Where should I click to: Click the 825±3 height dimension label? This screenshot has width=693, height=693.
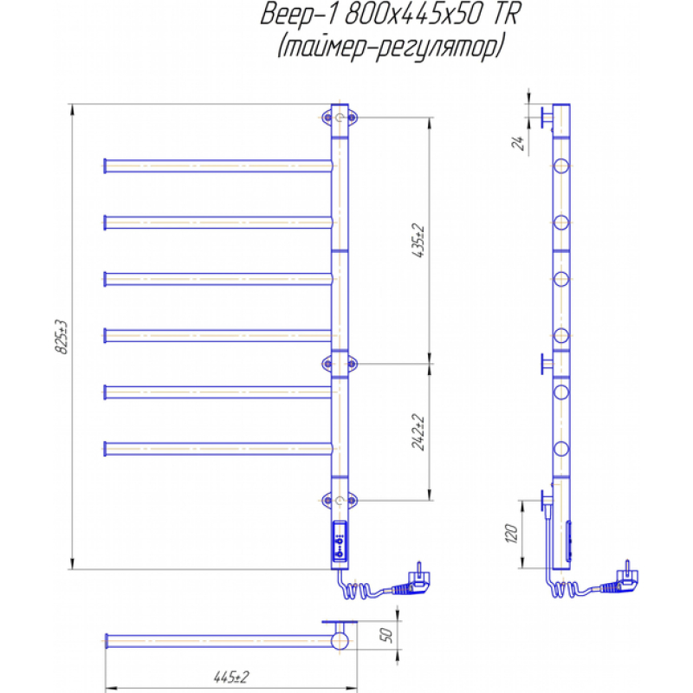[x=62, y=337]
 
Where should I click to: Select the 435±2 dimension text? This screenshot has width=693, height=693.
[x=418, y=242]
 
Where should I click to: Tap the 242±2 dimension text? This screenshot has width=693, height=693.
[x=418, y=432]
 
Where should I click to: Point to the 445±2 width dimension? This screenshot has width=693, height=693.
[x=231, y=677]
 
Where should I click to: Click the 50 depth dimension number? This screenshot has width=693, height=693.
[x=385, y=635]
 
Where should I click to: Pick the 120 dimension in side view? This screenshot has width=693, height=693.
[x=511, y=534]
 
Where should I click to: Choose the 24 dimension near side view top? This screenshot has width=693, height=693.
[x=518, y=142]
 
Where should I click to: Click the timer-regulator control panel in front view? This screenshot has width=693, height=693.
[x=340, y=542]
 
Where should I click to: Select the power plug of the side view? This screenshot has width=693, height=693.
[x=620, y=580]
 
